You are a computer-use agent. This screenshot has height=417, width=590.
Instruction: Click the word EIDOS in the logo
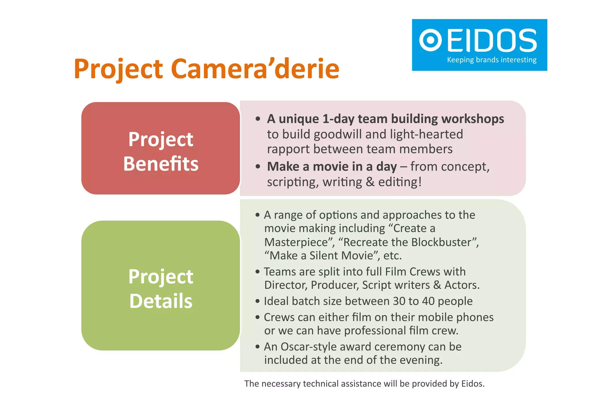tap(492, 40)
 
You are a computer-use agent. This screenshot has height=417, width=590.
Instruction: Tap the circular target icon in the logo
tap(430, 40)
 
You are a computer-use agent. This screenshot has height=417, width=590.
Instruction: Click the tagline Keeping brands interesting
tap(491, 60)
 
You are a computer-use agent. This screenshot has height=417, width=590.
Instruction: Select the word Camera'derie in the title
tap(255, 69)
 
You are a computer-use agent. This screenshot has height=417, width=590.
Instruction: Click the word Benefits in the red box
tap(161, 164)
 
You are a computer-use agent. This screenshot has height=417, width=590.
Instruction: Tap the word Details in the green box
tap(161, 301)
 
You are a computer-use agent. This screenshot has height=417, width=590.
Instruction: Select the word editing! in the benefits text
tap(400, 182)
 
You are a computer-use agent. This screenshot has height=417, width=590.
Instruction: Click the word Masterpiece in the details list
tap(296, 242)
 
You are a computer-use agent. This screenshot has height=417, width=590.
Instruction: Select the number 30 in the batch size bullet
tap(399, 301)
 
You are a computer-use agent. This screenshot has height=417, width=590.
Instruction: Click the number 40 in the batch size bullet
tap(428, 301)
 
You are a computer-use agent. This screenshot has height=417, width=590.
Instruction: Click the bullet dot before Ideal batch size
tap(257, 301)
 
